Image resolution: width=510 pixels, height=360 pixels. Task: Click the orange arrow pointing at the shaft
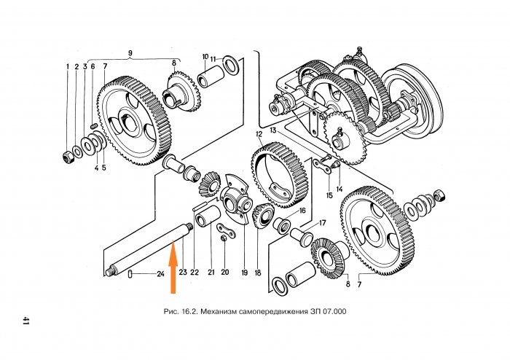coord(173,270)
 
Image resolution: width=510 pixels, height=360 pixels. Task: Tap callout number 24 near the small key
coord(160,275)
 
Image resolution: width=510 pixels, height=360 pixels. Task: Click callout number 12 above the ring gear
coord(259,135)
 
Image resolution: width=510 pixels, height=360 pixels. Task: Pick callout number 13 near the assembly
coord(273,130)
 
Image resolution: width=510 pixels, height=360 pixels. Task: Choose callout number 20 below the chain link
coord(225,273)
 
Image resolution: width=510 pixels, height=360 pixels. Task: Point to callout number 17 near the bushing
coord(323,222)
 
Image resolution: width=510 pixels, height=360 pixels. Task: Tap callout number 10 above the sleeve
coord(205,55)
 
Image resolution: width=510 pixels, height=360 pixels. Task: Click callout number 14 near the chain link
coord(339,189)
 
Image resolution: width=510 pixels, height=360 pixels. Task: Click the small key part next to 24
coord(129,275)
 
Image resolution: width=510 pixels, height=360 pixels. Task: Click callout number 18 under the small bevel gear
coord(257,273)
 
